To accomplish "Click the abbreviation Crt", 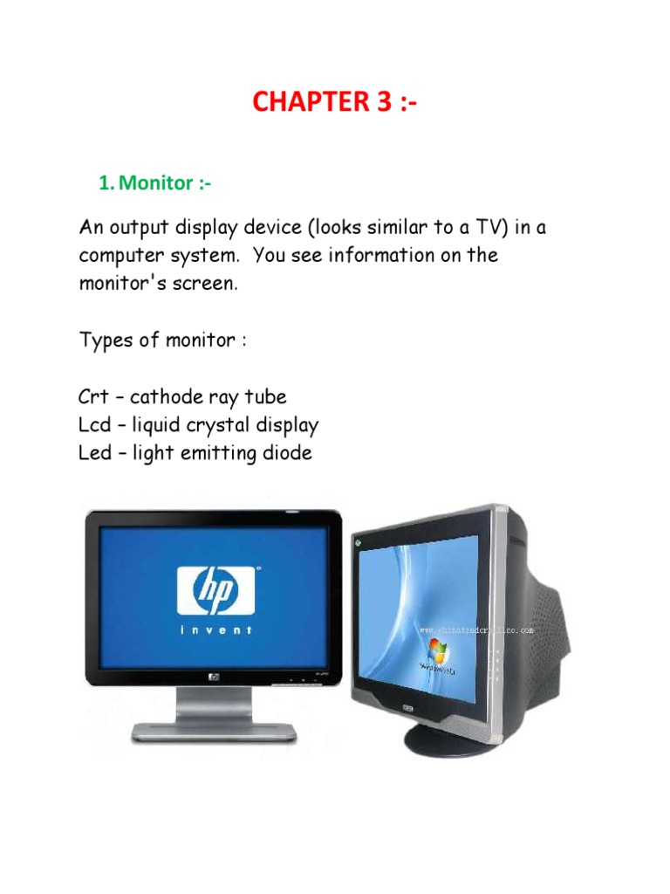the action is [x=93, y=397].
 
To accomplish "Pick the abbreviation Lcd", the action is [x=93, y=425].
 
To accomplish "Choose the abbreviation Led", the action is [x=94, y=453].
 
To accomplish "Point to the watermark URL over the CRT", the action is [x=475, y=629].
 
